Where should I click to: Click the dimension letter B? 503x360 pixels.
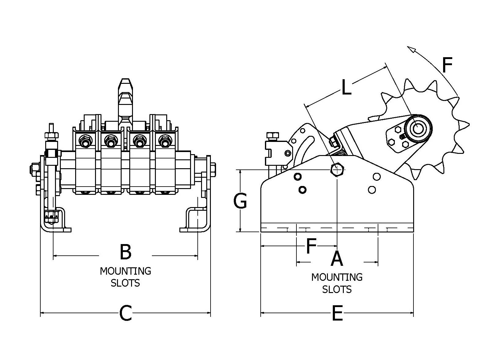click(x=126, y=252)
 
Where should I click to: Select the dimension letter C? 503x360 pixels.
click(x=126, y=313)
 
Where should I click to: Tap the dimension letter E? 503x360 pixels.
click(x=337, y=313)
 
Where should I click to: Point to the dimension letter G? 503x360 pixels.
click(x=240, y=201)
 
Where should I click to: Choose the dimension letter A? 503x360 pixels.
click(x=337, y=259)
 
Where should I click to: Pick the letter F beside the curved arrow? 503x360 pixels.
click(x=447, y=65)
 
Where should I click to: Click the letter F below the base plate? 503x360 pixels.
click(x=311, y=246)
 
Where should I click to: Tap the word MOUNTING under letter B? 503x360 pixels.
click(x=125, y=271)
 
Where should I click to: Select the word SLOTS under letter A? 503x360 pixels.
click(x=337, y=289)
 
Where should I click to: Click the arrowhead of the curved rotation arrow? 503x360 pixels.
click(x=411, y=49)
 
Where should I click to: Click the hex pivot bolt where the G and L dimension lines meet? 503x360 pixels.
click(x=337, y=170)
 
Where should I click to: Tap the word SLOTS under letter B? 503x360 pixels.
click(x=125, y=283)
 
